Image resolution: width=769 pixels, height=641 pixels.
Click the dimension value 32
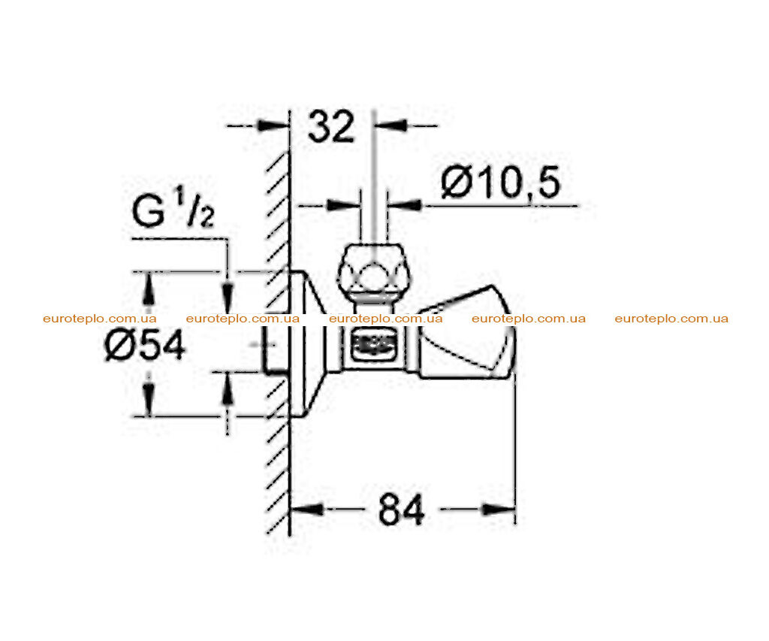click(x=331, y=127)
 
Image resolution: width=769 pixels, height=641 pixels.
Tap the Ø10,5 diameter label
click(x=500, y=183)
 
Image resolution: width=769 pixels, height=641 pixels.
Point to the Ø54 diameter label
click(x=145, y=345)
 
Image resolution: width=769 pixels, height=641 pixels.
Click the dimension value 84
click(x=401, y=510)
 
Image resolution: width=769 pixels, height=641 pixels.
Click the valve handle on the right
click(x=466, y=334)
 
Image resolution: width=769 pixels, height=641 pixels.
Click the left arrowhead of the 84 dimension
click(x=306, y=509)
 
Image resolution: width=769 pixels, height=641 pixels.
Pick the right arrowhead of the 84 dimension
click(x=499, y=509)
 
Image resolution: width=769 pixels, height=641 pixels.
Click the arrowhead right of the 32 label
click(x=391, y=125)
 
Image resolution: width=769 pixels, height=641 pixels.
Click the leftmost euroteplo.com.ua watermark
click(x=100, y=319)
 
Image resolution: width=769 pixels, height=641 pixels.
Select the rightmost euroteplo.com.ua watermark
click(x=671, y=319)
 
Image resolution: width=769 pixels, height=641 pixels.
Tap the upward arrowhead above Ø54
click(x=149, y=289)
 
